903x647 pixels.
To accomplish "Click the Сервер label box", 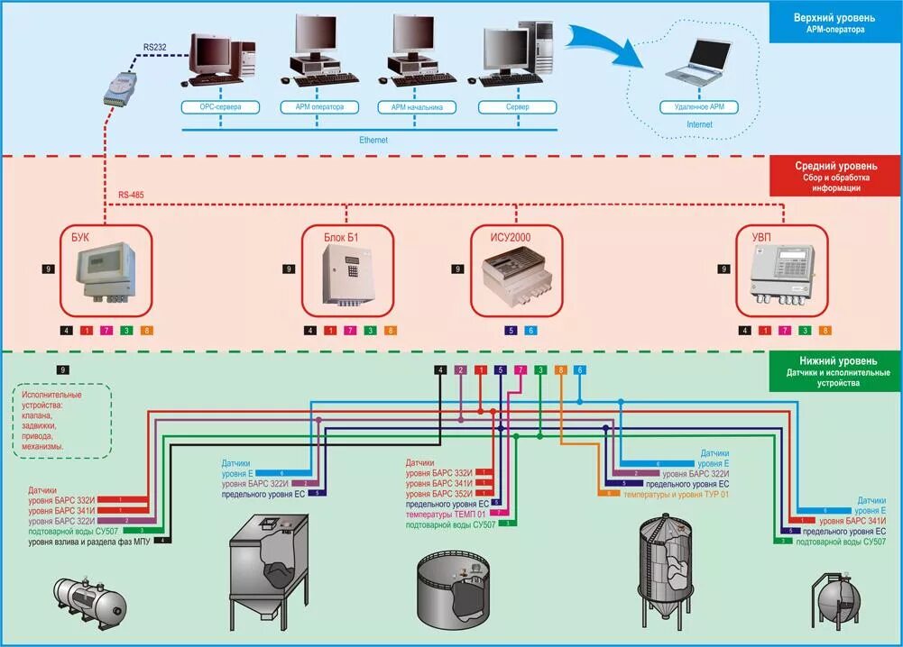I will click(x=516, y=106).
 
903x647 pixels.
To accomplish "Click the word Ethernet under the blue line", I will click(x=373, y=140).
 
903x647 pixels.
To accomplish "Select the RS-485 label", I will click(x=131, y=194).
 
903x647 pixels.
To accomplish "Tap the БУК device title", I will click(x=81, y=237).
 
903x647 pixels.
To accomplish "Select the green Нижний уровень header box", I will click(x=834, y=371).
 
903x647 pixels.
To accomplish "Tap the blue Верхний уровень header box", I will click(x=834, y=23).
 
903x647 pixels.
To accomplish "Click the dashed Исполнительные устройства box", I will click(x=62, y=421).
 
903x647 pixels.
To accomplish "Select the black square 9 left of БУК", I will click(x=48, y=269).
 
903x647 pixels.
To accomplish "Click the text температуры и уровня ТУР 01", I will click(x=668, y=494).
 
